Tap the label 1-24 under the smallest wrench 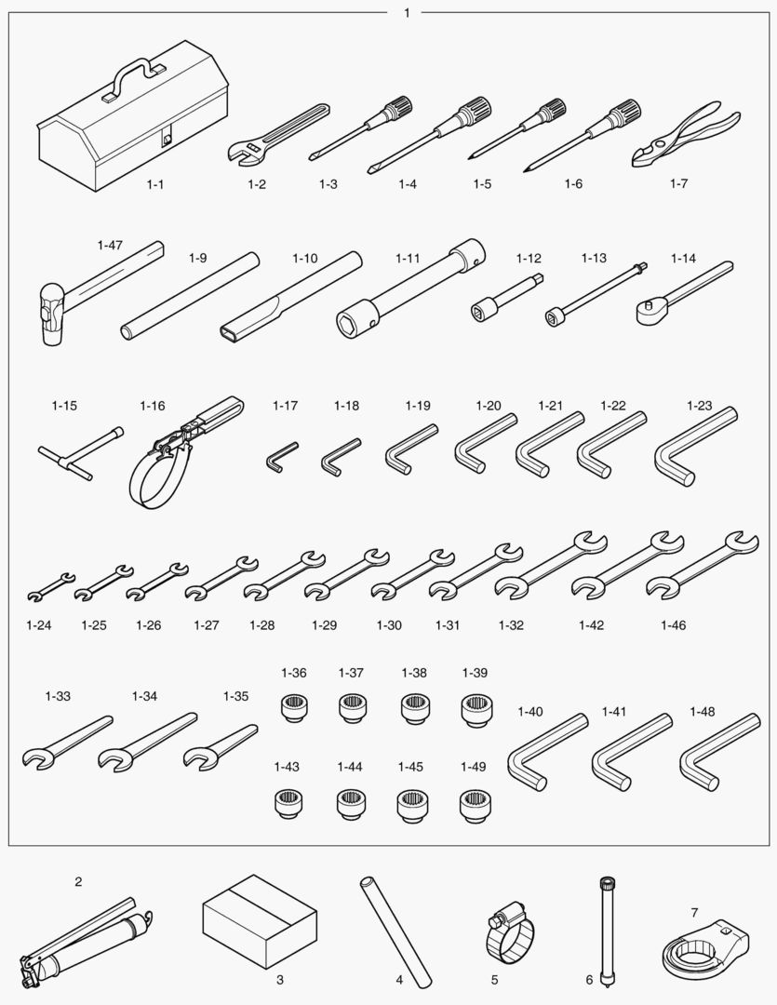click(38, 625)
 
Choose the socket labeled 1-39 click(476, 710)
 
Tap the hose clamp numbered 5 click(509, 931)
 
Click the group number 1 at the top click(407, 13)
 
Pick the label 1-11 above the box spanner click(408, 259)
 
